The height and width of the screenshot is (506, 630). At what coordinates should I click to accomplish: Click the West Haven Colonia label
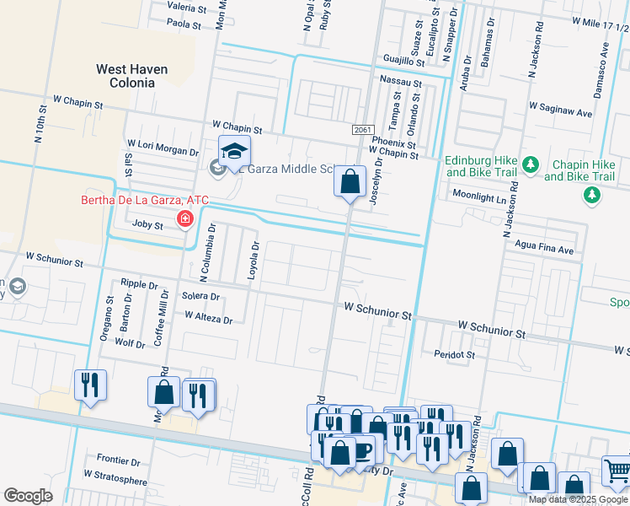[131, 76]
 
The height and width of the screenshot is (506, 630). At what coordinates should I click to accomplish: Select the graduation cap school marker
[234, 152]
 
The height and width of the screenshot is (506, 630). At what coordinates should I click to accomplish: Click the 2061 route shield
[362, 129]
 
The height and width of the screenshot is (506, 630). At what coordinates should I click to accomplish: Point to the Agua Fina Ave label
[544, 250]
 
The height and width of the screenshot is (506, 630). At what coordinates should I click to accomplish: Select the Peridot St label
[456, 355]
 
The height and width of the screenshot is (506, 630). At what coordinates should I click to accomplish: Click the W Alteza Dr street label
[208, 319]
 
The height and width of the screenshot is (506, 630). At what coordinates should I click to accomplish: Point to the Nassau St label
[401, 83]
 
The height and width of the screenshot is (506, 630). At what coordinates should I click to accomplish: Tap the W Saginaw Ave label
[560, 107]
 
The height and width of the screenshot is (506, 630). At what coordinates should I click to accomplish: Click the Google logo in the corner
[27, 496]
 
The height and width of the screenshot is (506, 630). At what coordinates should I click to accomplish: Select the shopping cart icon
[617, 471]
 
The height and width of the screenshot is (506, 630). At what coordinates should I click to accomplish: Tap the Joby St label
[148, 224]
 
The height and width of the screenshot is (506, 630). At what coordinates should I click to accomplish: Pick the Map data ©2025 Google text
[578, 499]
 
